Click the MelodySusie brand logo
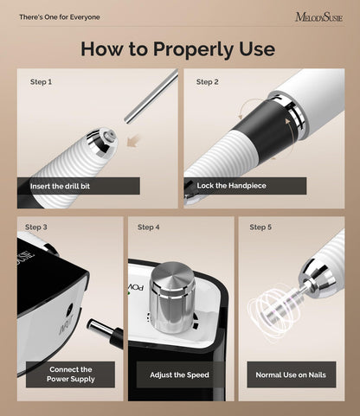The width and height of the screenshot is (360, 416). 319,17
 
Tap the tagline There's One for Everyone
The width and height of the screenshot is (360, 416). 60,17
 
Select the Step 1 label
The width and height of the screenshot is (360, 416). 41,82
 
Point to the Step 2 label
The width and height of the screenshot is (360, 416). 207,82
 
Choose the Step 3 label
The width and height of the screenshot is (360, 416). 36,227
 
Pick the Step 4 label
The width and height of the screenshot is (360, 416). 149,227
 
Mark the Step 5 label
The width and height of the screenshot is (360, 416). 260,227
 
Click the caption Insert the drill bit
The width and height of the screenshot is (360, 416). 60,186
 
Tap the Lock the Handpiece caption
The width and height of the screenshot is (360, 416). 231,185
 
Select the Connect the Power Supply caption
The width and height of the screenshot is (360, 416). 71,374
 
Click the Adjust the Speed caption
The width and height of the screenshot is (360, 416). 179,374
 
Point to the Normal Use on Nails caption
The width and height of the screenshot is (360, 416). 291,374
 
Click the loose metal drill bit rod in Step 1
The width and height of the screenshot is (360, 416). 151,96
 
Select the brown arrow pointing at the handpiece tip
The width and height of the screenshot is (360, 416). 133,141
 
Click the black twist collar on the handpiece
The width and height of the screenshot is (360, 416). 262,128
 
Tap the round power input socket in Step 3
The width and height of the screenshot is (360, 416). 69,311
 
